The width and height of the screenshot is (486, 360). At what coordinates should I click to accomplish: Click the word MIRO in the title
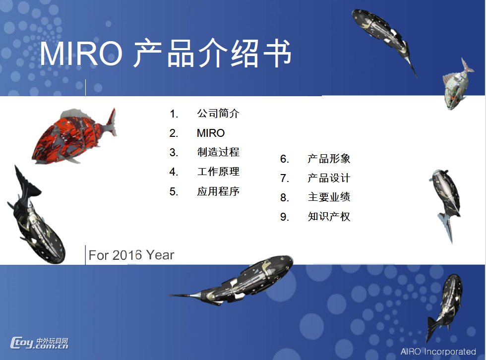point(81,54)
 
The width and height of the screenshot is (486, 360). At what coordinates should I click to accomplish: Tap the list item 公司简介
point(218,114)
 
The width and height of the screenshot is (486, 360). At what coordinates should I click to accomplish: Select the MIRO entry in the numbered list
point(211,133)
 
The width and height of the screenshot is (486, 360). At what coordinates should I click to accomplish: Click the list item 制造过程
point(218,152)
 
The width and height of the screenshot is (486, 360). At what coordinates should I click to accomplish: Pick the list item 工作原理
point(218,172)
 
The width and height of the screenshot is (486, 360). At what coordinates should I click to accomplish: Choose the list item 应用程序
point(218,191)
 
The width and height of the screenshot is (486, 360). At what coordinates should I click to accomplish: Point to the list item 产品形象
point(329,159)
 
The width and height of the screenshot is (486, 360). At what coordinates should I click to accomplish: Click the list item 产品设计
point(329,178)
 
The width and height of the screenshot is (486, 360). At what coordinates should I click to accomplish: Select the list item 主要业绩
point(329,197)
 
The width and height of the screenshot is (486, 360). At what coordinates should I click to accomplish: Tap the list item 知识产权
point(329,217)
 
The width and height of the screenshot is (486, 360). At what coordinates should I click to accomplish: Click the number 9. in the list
point(285,217)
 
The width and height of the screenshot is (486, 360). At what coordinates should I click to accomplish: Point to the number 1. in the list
point(174,114)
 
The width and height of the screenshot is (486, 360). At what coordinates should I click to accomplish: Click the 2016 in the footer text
point(127,255)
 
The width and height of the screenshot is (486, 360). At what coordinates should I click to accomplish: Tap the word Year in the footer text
point(160,255)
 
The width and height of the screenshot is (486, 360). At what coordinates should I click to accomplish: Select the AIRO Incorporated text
point(438,352)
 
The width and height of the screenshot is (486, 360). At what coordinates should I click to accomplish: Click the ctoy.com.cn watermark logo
point(39,343)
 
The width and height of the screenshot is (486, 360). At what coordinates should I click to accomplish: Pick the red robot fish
point(74,136)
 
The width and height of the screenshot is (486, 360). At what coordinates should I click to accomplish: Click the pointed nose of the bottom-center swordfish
point(169,295)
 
